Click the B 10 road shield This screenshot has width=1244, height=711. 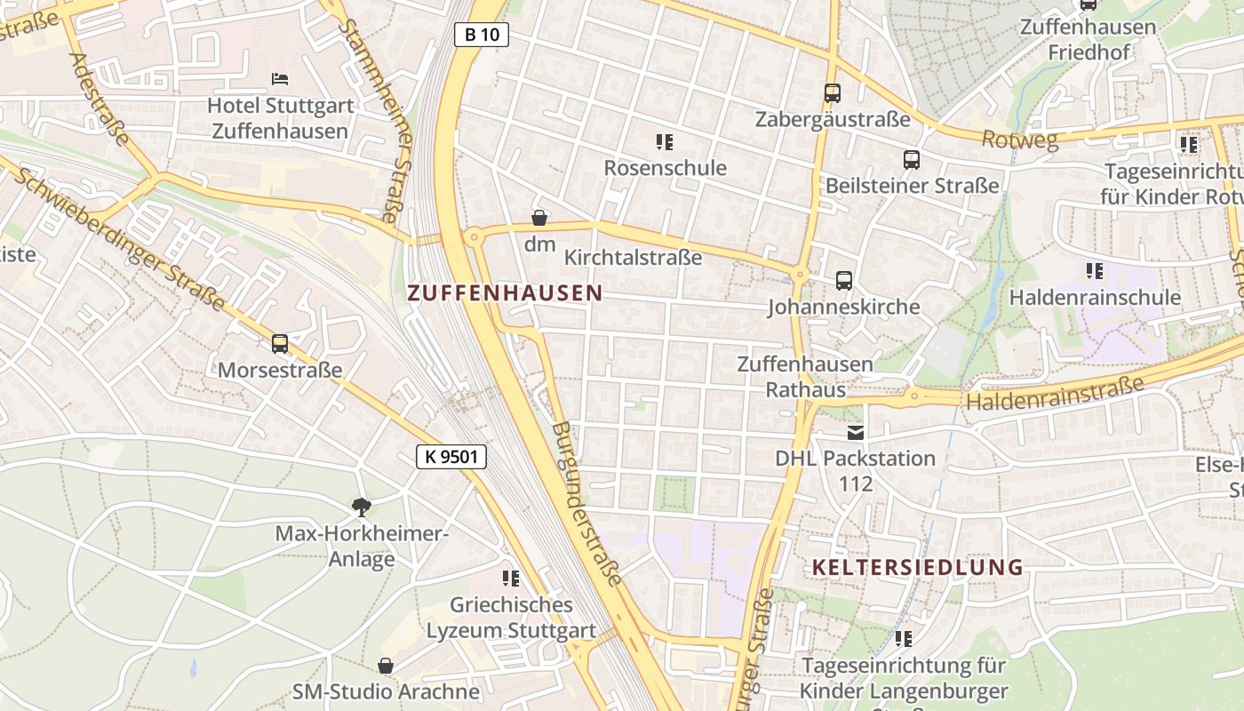click(482, 35)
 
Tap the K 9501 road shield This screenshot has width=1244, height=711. click(451, 457)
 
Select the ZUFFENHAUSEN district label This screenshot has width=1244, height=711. click(505, 292)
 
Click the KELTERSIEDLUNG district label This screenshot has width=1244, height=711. click(918, 567)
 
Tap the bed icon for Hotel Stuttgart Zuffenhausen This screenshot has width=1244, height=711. click(280, 79)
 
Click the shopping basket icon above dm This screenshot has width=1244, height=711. click(539, 218)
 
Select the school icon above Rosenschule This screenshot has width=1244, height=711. click(665, 142)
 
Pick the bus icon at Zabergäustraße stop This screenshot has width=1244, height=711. click(833, 92)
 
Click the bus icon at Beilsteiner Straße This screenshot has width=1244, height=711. click(912, 160)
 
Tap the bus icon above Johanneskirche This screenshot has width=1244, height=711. click(844, 281)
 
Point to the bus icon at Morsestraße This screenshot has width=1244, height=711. click(280, 344)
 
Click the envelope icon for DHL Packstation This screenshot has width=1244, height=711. click(856, 433)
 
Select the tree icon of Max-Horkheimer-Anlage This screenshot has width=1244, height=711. click(361, 507)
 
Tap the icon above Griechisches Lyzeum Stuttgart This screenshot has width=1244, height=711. click(511, 579)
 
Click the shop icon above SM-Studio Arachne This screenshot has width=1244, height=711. click(386, 666)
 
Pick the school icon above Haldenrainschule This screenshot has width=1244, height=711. click(1095, 271)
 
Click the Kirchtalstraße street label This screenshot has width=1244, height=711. click(633, 258)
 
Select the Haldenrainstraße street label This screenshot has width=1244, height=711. click(1055, 394)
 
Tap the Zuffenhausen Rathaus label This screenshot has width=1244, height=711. click(805, 377)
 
